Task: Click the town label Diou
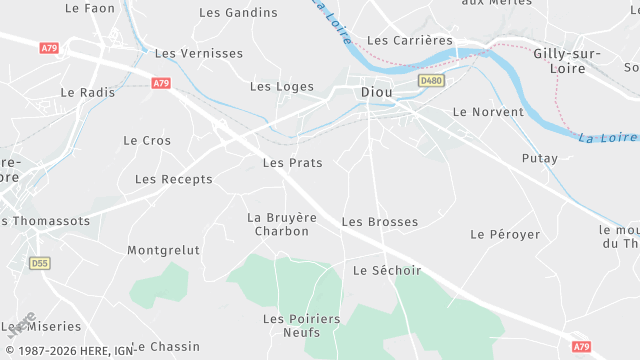point(376,92)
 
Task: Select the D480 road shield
point(431,80)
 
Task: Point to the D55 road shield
point(39,263)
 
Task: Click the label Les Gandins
point(238,13)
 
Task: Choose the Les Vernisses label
point(199,53)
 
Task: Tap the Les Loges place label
point(281,86)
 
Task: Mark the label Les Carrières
point(410,41)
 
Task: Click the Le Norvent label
point(488,112)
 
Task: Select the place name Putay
point(540,159)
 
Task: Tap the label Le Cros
point(147,141)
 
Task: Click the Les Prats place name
point(292,162)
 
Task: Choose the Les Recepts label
point(174,179)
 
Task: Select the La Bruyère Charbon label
point(282,224)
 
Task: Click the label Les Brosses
point(380,221)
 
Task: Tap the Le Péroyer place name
point(505,234)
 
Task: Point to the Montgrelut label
point(164,250)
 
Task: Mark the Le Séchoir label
point(387,270)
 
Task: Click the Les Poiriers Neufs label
point(302,325)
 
